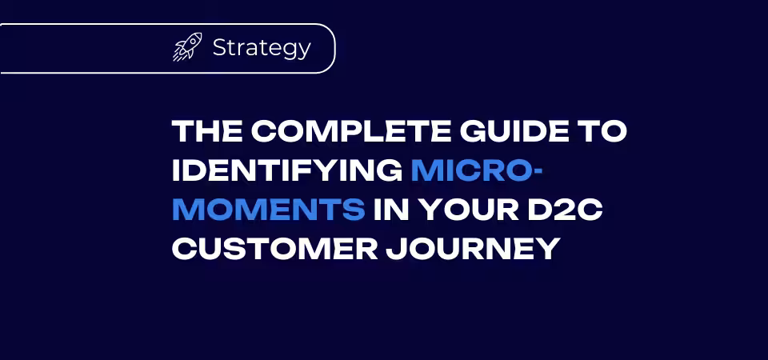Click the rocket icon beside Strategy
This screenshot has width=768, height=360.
(187, 47)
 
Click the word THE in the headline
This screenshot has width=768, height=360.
(206, 132)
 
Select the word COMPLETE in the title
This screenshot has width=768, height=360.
(348, 132)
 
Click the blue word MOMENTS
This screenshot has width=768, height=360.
(269, 210)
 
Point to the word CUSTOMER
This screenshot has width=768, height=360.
(274, 249)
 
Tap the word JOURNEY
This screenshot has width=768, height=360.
(473, 249)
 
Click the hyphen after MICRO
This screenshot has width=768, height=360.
(538, 173)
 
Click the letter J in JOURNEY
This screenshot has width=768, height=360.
(395, 249)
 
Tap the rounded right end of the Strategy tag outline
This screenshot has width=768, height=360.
(335, 49)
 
